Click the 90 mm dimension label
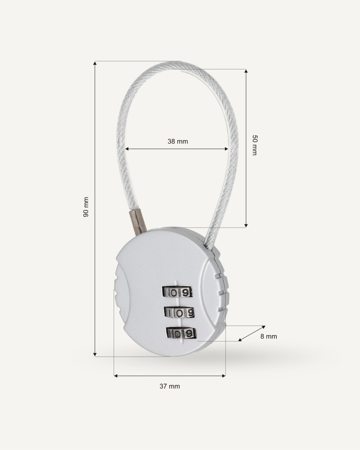tap(86, 207)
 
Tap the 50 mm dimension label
tap(255, 145)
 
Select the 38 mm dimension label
tap(178, 141)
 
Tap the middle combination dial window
tap(180, 313)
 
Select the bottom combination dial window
tap(181, 333)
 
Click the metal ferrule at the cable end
tap(138, 222)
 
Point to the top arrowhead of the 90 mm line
tap(95, 63)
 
